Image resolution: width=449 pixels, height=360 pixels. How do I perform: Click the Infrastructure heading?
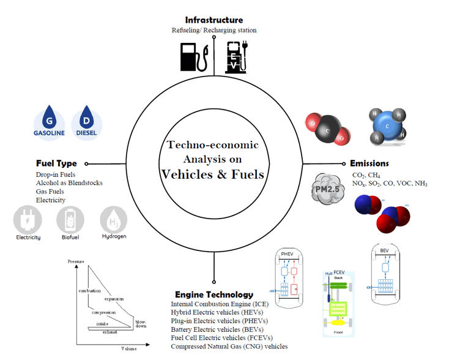[213, 20]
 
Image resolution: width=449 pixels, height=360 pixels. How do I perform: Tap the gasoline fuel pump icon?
[195, 56]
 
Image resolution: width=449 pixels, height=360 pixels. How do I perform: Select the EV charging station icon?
[236, 56]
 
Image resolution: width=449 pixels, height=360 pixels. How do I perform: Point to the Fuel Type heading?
[56, 163]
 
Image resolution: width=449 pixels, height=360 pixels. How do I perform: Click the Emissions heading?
[369, 163]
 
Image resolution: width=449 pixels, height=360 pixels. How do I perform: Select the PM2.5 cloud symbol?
[327, 189]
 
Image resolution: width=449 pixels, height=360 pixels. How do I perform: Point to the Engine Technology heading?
[213, 294]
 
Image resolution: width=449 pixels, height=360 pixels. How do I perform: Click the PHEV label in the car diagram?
[288, 253]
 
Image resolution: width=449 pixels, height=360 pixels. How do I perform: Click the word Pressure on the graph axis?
[76, 261]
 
